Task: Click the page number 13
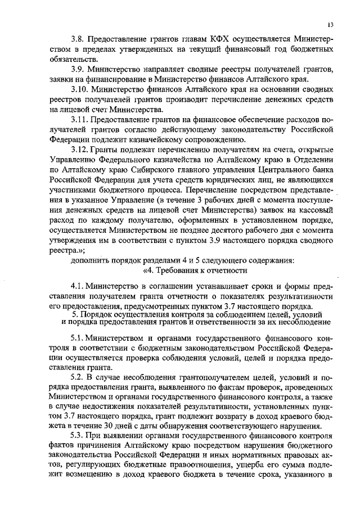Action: click(x=330, y=24)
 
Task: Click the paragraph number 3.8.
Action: click(x=79, y=38)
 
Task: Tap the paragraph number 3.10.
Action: click(x=80, y=89)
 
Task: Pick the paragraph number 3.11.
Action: click(x=80, y=120)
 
